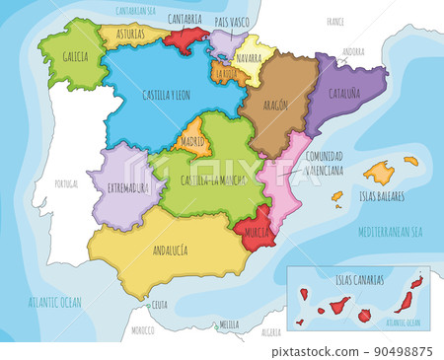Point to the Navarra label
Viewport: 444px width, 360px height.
(x=251, y=58)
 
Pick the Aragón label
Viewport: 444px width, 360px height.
(x=276, y=104)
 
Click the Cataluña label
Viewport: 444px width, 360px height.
(x=339, y=97)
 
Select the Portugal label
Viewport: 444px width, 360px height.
(x=67, y=183)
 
